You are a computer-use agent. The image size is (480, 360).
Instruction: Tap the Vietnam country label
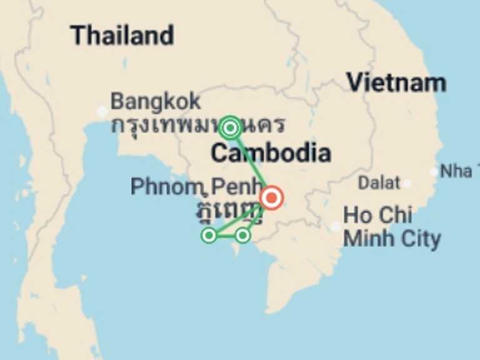(x=396, y=82)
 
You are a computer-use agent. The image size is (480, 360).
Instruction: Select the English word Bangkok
(x=156, y=101)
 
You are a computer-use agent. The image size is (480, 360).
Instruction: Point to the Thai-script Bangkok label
(x=197, y=124)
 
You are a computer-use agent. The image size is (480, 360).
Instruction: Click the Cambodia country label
(x=270, y=152)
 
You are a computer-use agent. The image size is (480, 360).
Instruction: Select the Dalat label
(x=379, y=183)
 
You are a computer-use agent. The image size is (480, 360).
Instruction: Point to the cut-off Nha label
(x=456, y=171)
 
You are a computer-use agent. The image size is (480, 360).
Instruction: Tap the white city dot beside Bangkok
(x=102, y=112)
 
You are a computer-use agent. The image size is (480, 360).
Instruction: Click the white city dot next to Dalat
(x=407, y=184)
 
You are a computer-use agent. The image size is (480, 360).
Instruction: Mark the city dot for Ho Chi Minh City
(x=336, y=226)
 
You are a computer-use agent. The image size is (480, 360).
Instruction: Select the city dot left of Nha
(x=434, y=172)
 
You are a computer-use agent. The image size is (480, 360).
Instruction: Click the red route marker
(x=272, y=198)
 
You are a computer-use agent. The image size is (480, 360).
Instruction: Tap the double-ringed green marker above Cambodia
(x=230, y=128)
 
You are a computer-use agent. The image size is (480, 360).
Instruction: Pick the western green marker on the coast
(x=209, y=235)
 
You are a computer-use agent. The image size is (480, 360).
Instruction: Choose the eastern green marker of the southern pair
(x=242, y=235)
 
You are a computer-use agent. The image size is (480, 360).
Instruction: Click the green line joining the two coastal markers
(x=226, y=235)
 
